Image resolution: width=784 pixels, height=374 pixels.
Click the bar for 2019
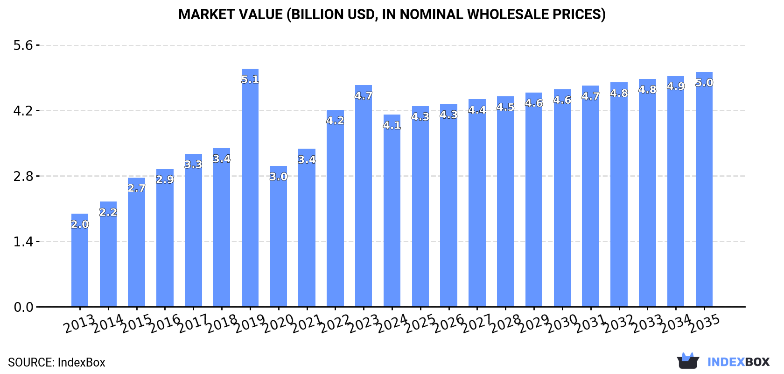(250, 196)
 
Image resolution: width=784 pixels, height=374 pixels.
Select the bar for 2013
(80, 266)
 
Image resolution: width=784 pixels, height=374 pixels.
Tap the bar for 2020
(278, 243)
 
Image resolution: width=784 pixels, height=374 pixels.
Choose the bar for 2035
(704, 196)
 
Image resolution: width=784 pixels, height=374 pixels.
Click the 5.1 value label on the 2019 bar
(250, 80)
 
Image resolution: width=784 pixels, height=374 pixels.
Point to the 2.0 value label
(80, 224)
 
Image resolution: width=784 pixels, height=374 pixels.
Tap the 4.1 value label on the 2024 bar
(392, 125)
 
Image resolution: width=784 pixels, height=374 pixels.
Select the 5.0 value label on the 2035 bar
(704, 83)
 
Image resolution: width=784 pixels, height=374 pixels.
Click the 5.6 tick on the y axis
(23, 45)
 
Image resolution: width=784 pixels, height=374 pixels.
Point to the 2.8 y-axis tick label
(23, 176)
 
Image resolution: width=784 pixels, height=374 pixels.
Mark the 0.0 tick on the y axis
(23, 307)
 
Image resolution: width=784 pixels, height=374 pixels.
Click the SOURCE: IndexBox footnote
(56, 362)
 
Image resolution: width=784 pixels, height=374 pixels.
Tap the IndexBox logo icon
(688, 361)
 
